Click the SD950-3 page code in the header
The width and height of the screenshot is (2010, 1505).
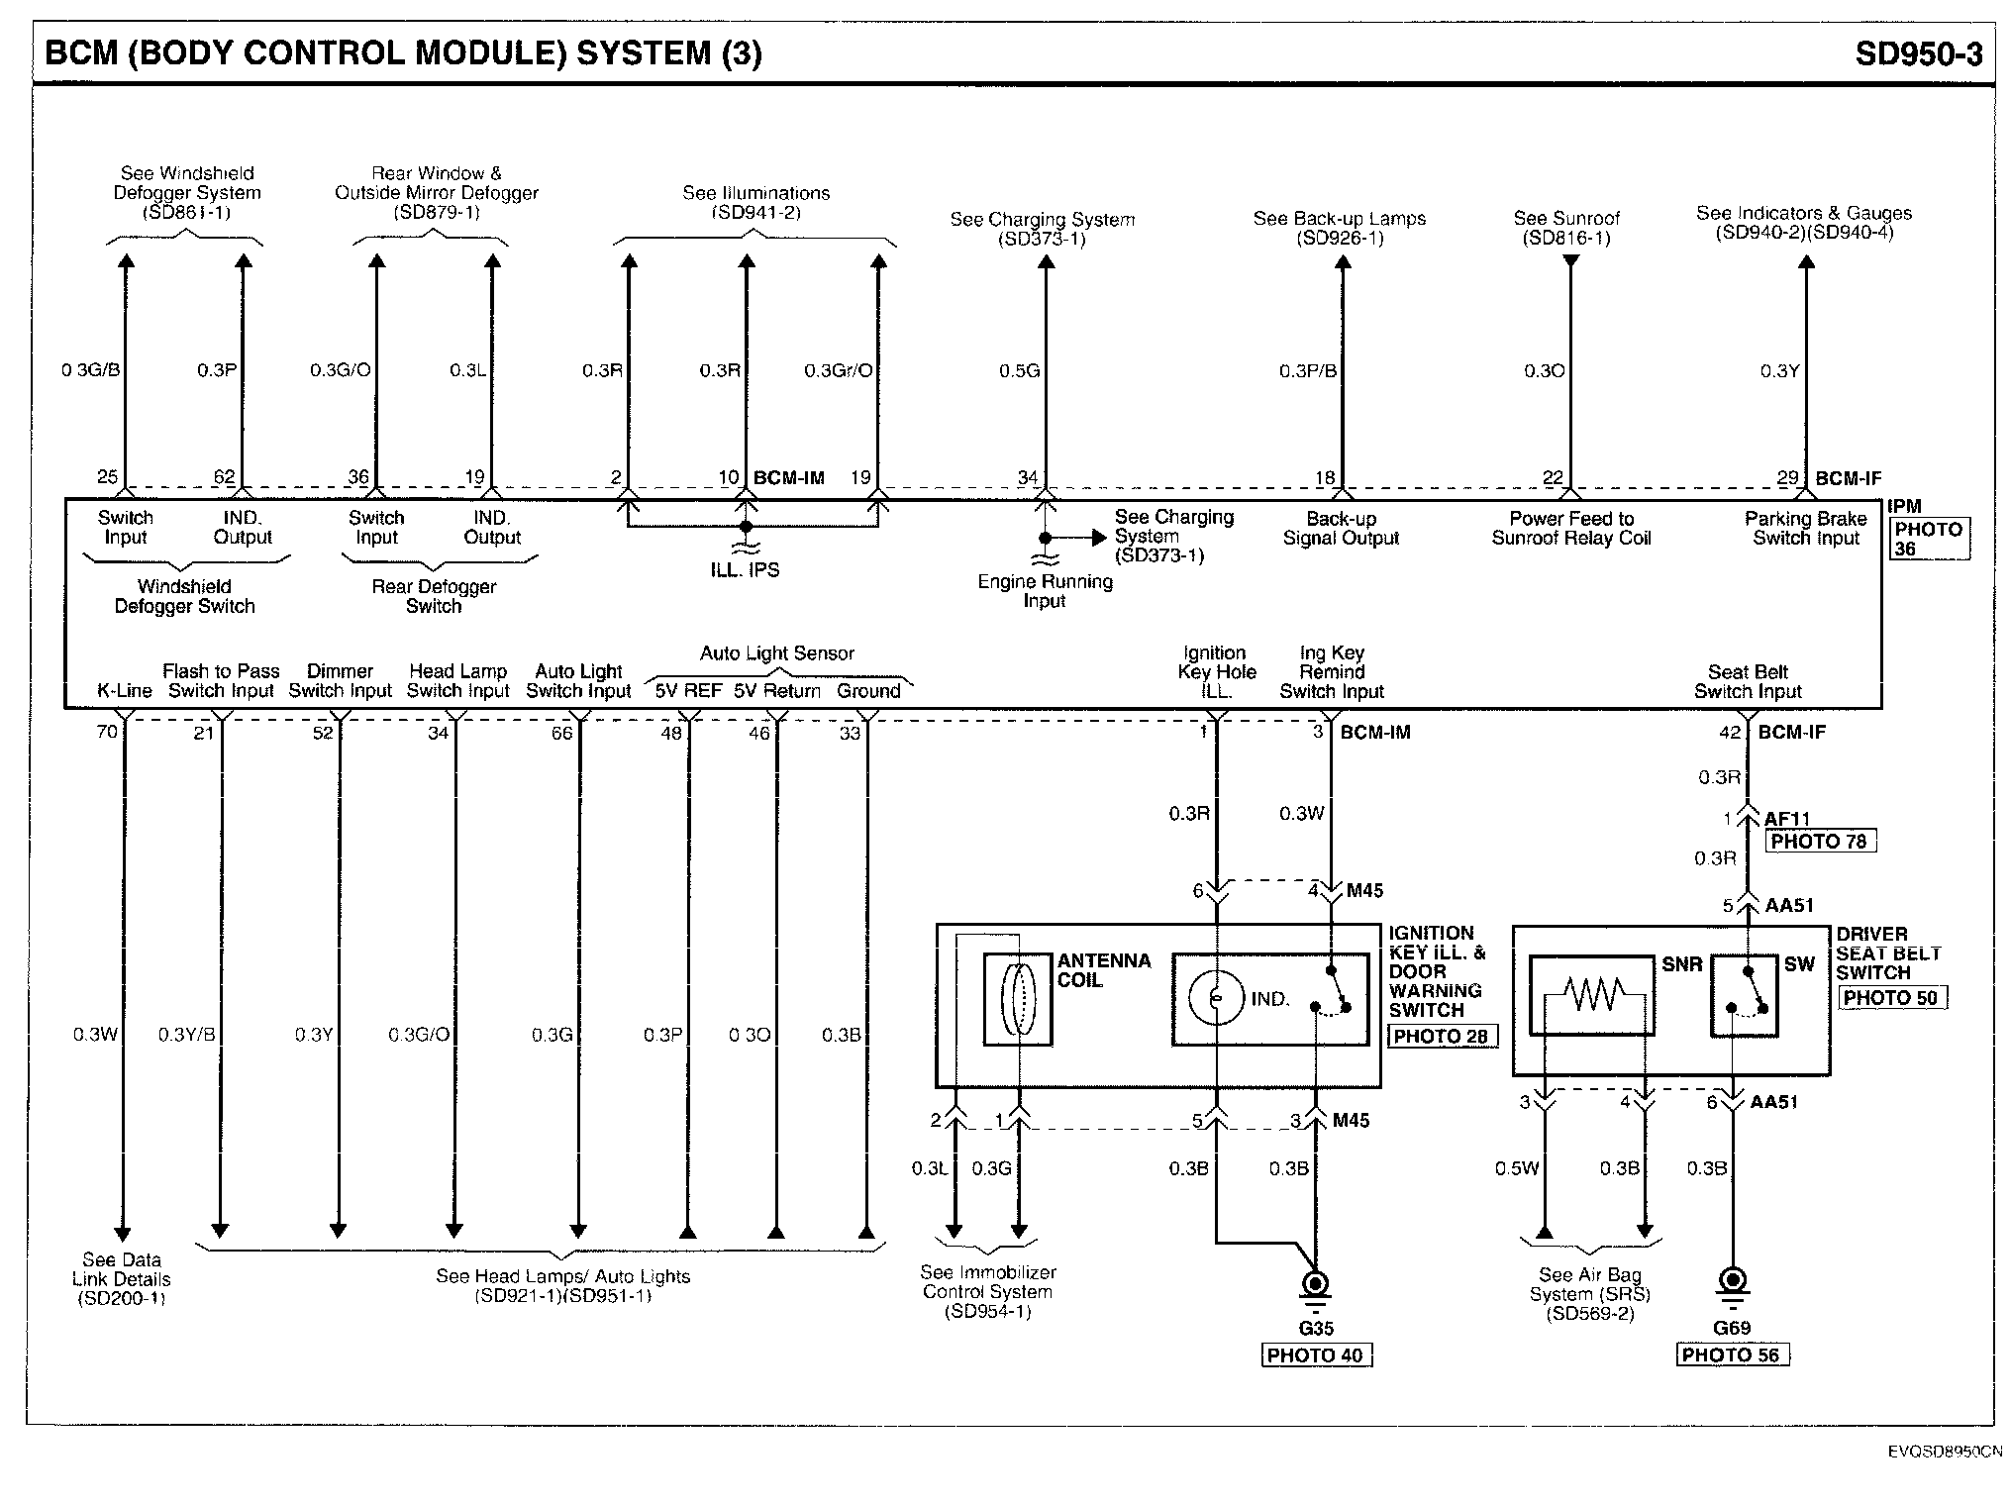tap(1918, 53)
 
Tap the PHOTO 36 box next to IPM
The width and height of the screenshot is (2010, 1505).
tap(1928, 539)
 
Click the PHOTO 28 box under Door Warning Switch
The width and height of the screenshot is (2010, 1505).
tap(1441, 1037)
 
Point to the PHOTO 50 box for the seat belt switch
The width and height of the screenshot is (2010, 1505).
tap(1890, 998)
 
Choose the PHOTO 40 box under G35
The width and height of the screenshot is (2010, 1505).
tap(1315, 1355)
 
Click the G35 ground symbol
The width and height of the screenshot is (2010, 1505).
tap(1315, 1288)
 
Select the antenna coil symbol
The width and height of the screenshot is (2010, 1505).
tap(1018, 998)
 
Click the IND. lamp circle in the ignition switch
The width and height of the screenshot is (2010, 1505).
tap(1216, 998)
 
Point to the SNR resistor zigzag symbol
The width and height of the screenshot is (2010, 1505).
tap(1592, 993)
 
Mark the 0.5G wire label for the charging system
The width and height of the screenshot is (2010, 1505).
tap(1019, 371)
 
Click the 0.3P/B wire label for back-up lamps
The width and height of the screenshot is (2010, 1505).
tap(1308, 371)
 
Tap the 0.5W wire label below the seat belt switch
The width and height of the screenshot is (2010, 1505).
tap(1517, 1168)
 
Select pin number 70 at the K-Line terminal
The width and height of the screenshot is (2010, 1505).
tap(107, 732)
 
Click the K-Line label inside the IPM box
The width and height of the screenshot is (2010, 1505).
tap(124, 691)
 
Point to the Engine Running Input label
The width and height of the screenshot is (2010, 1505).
tap(1045, 591)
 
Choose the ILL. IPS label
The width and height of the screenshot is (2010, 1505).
tap(745, 570)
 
